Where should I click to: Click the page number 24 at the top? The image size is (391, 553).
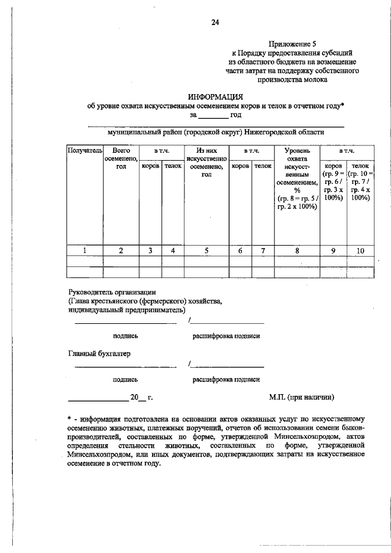point(214,23)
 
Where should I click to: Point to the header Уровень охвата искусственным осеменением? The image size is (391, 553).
point(297,178)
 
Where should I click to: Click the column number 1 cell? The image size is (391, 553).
point(85,250)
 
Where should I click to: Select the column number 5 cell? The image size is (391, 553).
point(206,250)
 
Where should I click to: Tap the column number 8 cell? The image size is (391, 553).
point(297,250)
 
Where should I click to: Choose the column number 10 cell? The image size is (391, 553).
point(360,250)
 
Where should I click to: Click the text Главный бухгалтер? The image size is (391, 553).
point(98,353)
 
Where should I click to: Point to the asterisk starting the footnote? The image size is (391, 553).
point(69,419)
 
